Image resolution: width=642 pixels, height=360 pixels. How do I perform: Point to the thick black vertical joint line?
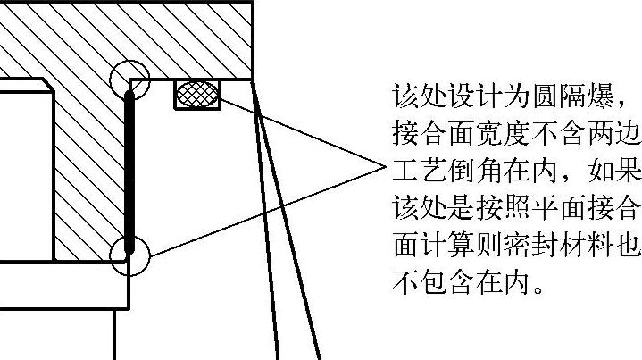[129, 170]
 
